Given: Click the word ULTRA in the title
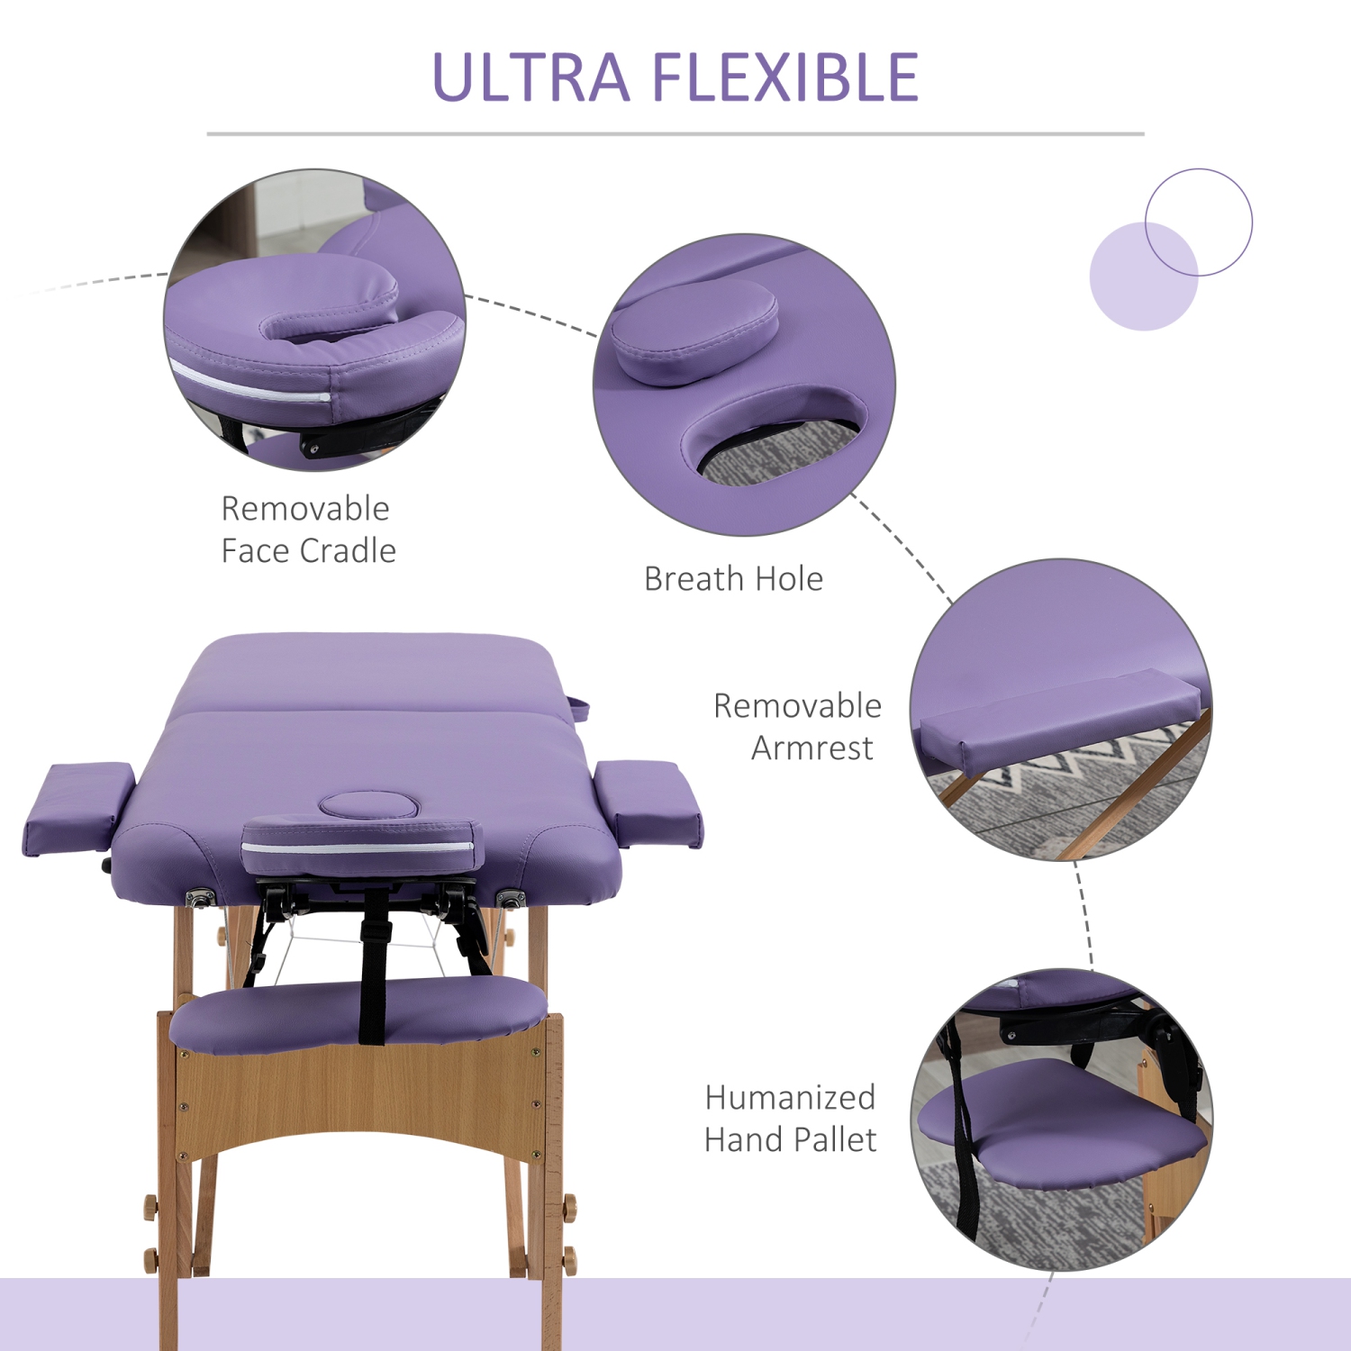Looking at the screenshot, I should click(x=530, y=77).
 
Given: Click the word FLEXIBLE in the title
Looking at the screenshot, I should click(x=784, y=77).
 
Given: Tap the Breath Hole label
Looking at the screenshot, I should click(x=733, y=579).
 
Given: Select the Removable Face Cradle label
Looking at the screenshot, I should click(x=308, y=530).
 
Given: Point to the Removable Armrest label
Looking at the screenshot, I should click(x=798, y=726).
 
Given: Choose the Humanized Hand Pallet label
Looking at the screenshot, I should click(x=790, y=1119).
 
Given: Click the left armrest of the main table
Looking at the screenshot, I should click(x=77, y=807).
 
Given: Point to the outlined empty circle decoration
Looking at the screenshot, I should click(x=1198, y=222).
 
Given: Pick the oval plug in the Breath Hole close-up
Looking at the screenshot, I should click(x=694, y=331).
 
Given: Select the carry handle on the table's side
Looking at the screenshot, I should click(x=578, y=708).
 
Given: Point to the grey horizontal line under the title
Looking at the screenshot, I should click(x=675, y=134).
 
